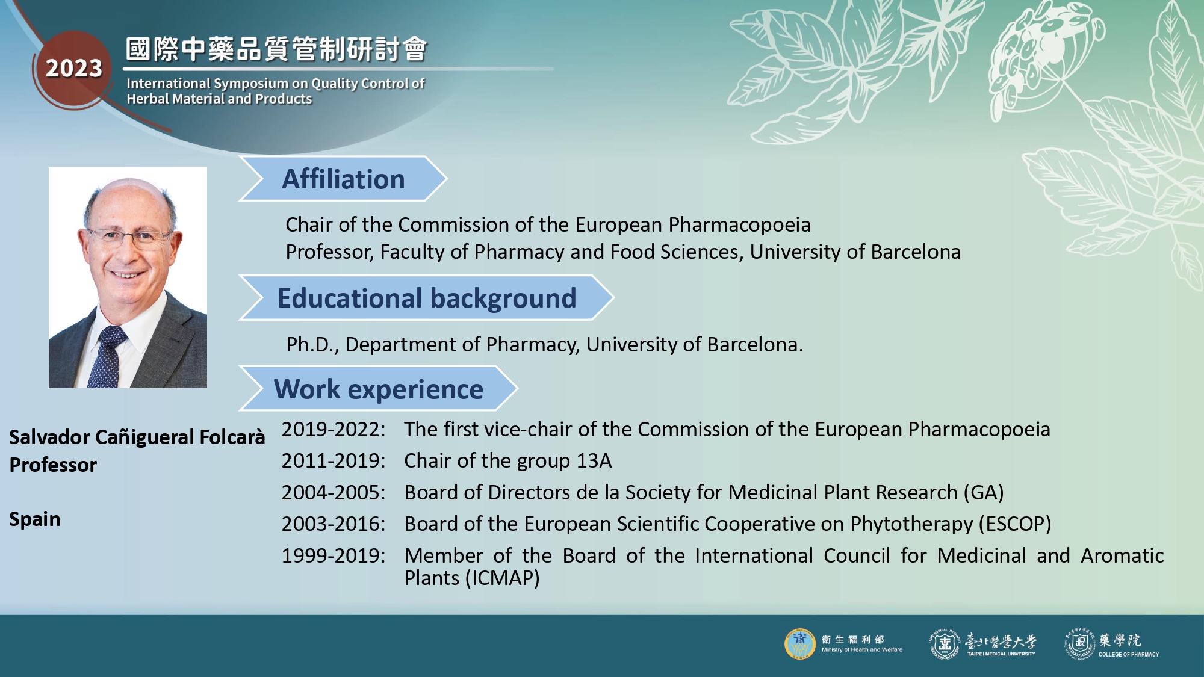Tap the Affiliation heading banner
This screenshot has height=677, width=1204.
tap(343, 179)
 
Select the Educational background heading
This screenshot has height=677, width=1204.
tap(426, 298)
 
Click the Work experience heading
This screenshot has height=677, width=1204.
tap(378, 389)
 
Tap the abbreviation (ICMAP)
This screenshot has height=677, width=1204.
tap(503, 578)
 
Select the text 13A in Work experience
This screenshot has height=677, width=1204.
tap(594, 461)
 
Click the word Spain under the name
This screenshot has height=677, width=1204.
tap(35, 519)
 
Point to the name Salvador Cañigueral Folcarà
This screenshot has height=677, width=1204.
tap(137, 437)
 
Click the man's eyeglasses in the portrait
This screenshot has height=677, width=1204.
tap(129, 238)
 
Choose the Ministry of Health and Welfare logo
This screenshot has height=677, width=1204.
tap(799, 645)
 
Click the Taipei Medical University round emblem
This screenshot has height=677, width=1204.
tap(945, 645)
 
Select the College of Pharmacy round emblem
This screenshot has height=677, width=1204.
tap(1079, 645)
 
